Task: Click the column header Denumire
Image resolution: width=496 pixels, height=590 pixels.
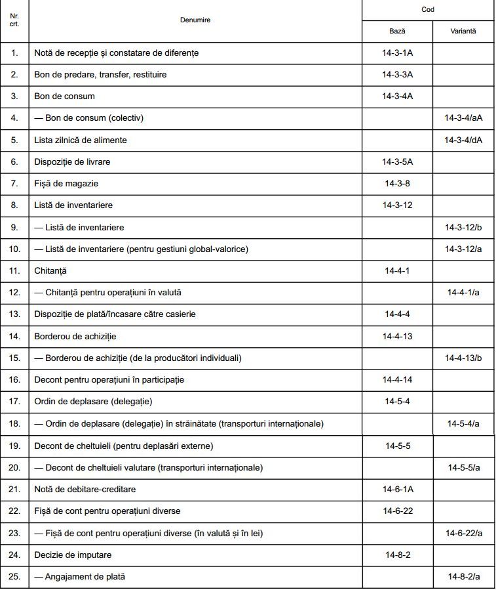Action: tap(195, 20)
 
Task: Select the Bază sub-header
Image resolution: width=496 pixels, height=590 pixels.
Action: tap(397, 31)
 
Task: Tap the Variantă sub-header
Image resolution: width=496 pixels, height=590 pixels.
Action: tap(463, 31)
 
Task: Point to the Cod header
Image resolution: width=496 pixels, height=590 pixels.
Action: tap(427, 10)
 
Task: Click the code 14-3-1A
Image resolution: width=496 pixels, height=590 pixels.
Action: tap(398, 53)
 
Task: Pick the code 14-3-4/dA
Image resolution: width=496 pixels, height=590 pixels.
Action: tap(463, 140)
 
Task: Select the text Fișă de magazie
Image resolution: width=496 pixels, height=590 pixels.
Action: tap(66, 183)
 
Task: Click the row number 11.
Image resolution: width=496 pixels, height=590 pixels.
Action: tap(14, 270)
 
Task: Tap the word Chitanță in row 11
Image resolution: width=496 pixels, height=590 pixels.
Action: tap(50, 270)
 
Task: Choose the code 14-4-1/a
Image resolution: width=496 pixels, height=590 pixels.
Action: tap(463, 292)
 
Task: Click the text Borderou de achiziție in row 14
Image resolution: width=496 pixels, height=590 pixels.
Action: tap(75, 336)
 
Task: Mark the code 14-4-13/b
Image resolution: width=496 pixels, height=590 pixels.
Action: tap(463, 358)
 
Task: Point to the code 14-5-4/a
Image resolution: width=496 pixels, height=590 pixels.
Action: tap(463, 423)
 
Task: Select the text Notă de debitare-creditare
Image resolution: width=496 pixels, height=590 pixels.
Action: tap(85, 489)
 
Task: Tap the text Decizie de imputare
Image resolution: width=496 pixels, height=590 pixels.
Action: tap(73, 555)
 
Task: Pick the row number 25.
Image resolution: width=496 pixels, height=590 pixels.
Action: tap(14, 577)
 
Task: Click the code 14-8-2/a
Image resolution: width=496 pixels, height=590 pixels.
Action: tap(463, 577)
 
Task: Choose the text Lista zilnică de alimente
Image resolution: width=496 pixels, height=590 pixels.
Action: tap(81, 140)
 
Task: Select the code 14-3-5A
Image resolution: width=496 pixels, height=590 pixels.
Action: tap(398, 161)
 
